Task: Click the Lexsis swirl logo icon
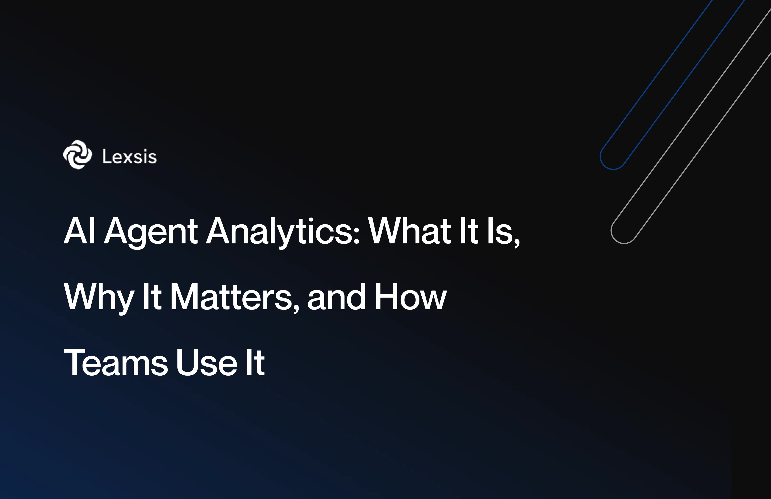coord(77,155)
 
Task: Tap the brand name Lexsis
coord(129,157)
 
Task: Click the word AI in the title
coord(79,231)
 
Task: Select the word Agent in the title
coord(151,232)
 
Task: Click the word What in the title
coord(409,231)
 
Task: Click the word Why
coord(99,297)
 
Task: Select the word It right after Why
coord(152,297)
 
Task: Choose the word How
coord(410,297)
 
